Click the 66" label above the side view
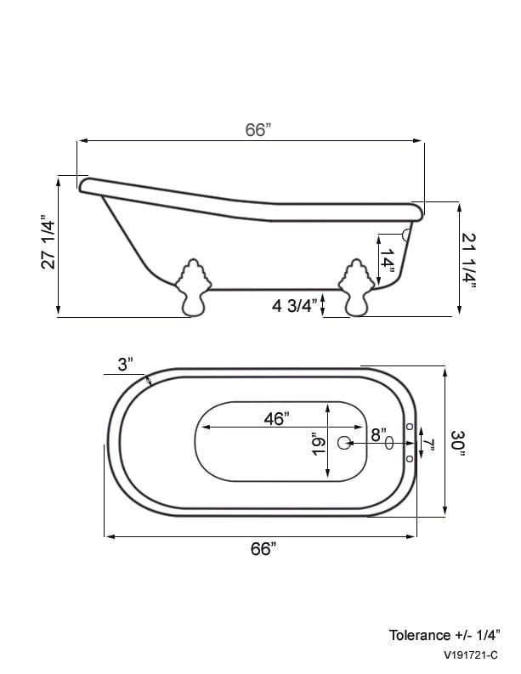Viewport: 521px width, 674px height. [x=258, y=129]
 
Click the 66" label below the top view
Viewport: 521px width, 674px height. [x=263, y=549]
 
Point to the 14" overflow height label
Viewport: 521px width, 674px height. [x=388, y=262]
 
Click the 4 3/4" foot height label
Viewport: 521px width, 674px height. [x=294, y=306]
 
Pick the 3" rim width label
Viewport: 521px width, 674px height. [x=125, y=365]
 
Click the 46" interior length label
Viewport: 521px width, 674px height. [x=276, y=418]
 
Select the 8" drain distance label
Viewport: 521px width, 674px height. [x=379, y=434]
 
